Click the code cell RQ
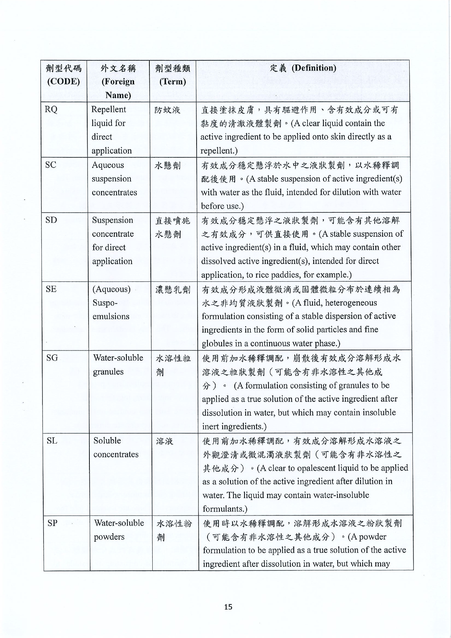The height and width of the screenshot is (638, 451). tap(51, 109)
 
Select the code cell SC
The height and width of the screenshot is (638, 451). tap(51, 165)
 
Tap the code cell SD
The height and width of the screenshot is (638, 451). tap(51, 220)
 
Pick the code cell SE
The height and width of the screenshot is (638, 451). tap(51, 289)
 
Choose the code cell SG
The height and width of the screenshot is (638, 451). tap(52, 358)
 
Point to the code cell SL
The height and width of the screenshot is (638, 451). tap(52, 441)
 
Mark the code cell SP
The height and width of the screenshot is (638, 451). tap(52, 523)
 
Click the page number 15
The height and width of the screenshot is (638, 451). tap(228, 607)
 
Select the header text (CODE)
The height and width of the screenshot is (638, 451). tap(64, 81)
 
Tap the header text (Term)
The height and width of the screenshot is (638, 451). tap(173, 81)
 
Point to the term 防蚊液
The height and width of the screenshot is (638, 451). tap(168, 110)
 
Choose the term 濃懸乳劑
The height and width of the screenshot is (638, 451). tap(173, 290)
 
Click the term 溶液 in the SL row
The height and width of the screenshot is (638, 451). tap(165, 441)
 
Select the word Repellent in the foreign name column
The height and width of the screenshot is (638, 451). tap(109, 109)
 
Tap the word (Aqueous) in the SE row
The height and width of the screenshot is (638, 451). tap(112, 289)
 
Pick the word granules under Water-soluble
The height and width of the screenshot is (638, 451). tap(108, 372)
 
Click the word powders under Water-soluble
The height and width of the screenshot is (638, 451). tap(109, 537)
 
